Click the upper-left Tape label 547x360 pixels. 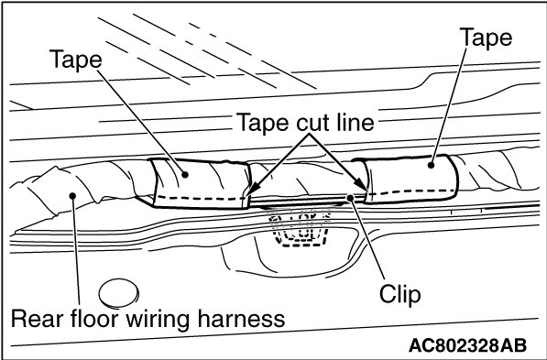pos(76,60)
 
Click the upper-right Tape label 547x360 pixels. pos(487,38)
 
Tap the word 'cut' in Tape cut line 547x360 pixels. pos(310,123)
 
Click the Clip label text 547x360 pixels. pos(400,295)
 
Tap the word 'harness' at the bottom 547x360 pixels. pos(241,319)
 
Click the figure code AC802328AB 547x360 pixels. pos(467,345)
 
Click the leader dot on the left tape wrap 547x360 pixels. pos(185,174)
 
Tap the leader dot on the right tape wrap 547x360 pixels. pos(432,165)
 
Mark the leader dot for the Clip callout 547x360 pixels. pos(350,198)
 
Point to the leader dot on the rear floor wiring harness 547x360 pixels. pos(72,196)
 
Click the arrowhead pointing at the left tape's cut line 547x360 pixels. pos(255,189)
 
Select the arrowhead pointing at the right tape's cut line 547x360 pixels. pos(361,184)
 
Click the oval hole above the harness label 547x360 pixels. pos(118,293)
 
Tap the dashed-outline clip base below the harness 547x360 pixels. pos(300,227)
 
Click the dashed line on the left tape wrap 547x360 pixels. pos(201,199)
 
